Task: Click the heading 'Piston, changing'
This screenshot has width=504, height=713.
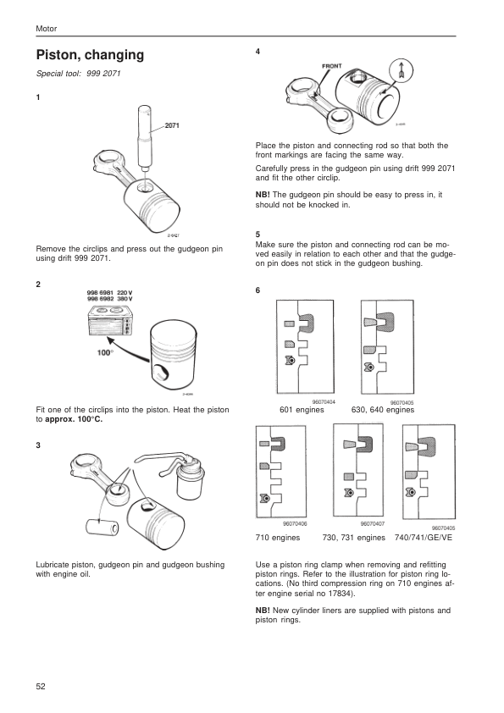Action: click(90, 55)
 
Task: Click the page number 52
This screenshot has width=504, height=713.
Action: click(41, 687)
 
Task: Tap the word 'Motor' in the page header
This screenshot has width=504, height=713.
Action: click(47, 29)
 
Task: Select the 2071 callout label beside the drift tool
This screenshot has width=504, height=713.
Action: click(172, 125)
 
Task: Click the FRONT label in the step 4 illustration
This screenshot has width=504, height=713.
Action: click(331, 66)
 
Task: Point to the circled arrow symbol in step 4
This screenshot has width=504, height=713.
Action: click(401, 70)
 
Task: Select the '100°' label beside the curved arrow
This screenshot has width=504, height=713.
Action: click(106, 353)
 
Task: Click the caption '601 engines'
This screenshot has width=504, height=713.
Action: click(302, 410)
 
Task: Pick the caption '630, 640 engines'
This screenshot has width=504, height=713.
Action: click(383, 410)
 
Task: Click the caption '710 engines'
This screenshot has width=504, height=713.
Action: click(278, 538)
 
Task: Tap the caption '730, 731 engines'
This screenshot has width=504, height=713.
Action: click(353, 538)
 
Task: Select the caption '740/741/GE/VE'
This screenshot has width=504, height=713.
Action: click(424, 538)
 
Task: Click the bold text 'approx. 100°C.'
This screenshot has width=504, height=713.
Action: click(74, 419)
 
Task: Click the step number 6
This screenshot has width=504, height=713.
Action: click(258, 290)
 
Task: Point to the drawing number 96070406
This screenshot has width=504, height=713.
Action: click(295, 524)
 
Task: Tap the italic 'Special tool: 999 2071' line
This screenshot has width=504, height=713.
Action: click(78, 74)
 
